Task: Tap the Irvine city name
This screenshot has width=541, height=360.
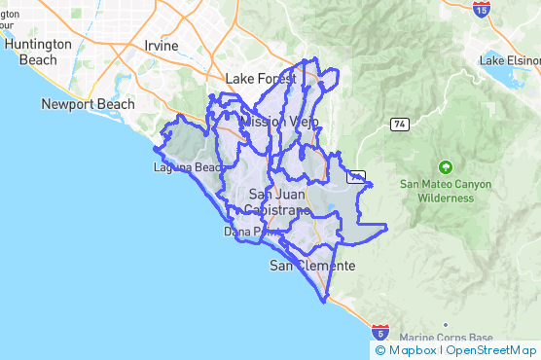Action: coord(161,46)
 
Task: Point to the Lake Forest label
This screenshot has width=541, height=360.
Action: coord(260,79)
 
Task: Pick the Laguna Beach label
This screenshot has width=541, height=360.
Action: coord(189,167)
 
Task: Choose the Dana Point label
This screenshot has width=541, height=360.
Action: coord(244,233)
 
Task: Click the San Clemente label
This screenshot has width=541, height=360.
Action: coord(312,266)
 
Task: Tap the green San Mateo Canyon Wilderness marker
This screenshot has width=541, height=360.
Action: coord(446,166)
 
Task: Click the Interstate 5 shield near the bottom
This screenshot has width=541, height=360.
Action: coord(384,332)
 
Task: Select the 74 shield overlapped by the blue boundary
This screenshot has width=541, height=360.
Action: coord(358,176)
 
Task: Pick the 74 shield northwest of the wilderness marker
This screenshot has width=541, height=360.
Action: coord(399,124)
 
